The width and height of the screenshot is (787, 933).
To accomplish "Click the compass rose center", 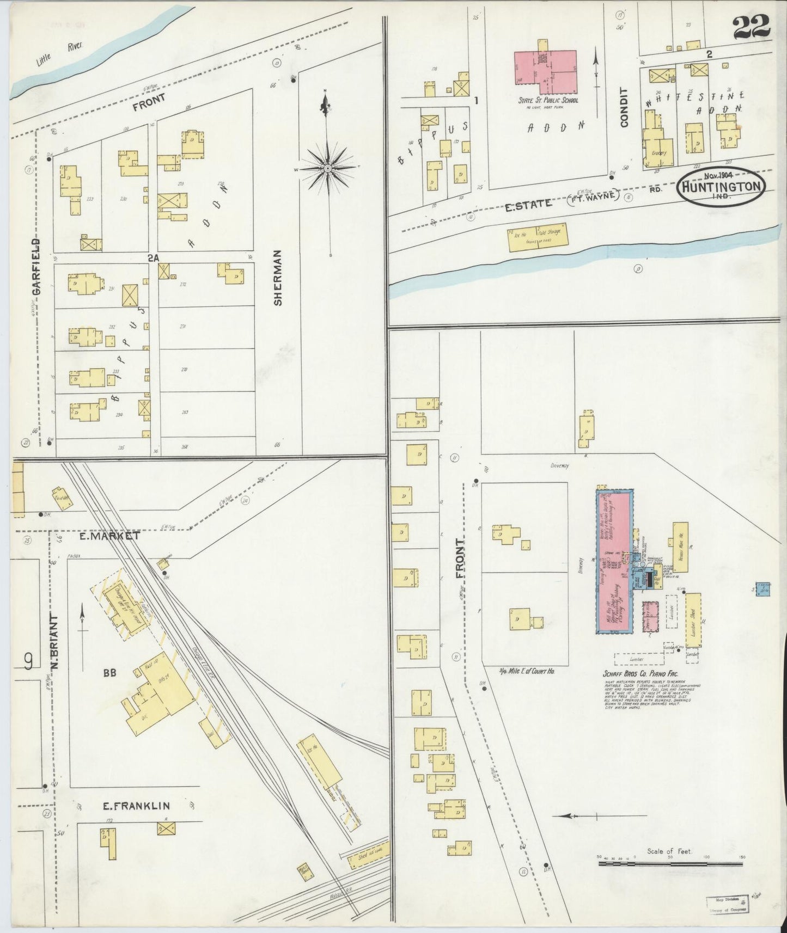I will pyautogui.click(x=328, y=169).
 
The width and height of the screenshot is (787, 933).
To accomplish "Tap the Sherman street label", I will pyautogui.click(x=278, y=278).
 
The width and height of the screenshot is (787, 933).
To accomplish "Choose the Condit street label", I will pyautogui.click(x=624, y=107).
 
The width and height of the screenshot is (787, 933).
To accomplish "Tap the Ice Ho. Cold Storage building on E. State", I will pyautogui.click(x=538, y=238).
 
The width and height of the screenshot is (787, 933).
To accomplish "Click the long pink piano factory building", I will pyautogui.click(x=613, y=561).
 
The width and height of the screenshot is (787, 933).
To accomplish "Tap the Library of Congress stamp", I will pyautogui.click(x=727, y=904).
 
